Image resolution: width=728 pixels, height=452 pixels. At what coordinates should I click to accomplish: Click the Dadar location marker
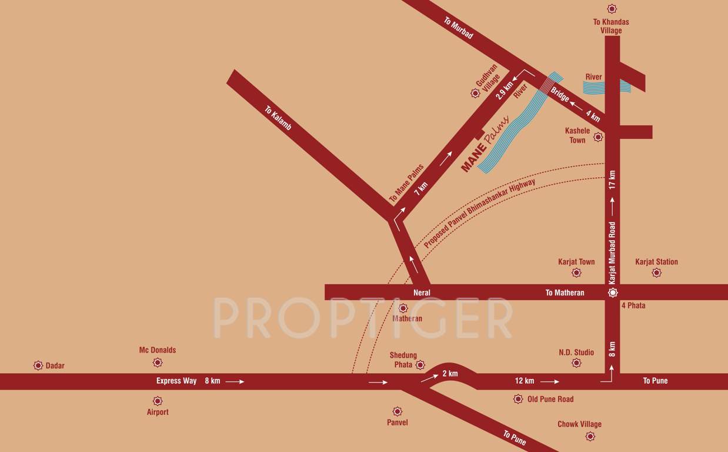tap(39, 365)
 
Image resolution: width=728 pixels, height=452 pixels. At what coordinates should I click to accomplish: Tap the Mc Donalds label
tap(157, 350)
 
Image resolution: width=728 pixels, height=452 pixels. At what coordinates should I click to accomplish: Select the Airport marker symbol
tap(157, 401)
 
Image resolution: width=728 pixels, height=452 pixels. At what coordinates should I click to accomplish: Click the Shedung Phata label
tap(403, 360)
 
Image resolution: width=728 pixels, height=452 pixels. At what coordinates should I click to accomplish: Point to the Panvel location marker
tap(398, 411)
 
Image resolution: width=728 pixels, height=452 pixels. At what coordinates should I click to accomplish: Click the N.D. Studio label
tap(576, 353)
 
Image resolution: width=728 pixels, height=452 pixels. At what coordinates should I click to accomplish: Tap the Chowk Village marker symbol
tap(590, 436)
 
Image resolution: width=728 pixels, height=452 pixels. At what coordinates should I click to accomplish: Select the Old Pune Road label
tap(550, 399)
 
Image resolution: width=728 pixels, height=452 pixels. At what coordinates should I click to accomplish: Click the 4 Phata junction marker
tap(613, 292)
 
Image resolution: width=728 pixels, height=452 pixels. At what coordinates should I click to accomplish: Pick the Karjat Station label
tap(656, 262)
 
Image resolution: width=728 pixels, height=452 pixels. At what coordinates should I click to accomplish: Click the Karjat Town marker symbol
tap(576, 272)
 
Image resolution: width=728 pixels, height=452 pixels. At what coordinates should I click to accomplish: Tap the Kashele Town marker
tap(598, 137)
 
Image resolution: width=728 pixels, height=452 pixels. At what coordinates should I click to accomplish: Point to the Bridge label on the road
tap(560, 95)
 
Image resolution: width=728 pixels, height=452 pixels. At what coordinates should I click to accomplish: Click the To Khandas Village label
tap(611, 26)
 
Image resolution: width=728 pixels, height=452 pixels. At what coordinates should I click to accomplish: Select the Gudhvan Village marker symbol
tap(476, 93)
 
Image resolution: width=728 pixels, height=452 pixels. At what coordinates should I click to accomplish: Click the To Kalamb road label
tap(278, 118)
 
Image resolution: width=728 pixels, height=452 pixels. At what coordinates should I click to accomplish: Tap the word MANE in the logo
tap(474, 158)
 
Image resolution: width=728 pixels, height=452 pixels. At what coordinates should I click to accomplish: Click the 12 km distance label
tap(525, 381)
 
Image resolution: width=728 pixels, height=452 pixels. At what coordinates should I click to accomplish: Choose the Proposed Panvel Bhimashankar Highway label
tap(479, 213)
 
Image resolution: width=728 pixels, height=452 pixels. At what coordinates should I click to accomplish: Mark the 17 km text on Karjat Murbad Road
tap(612, 180)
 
